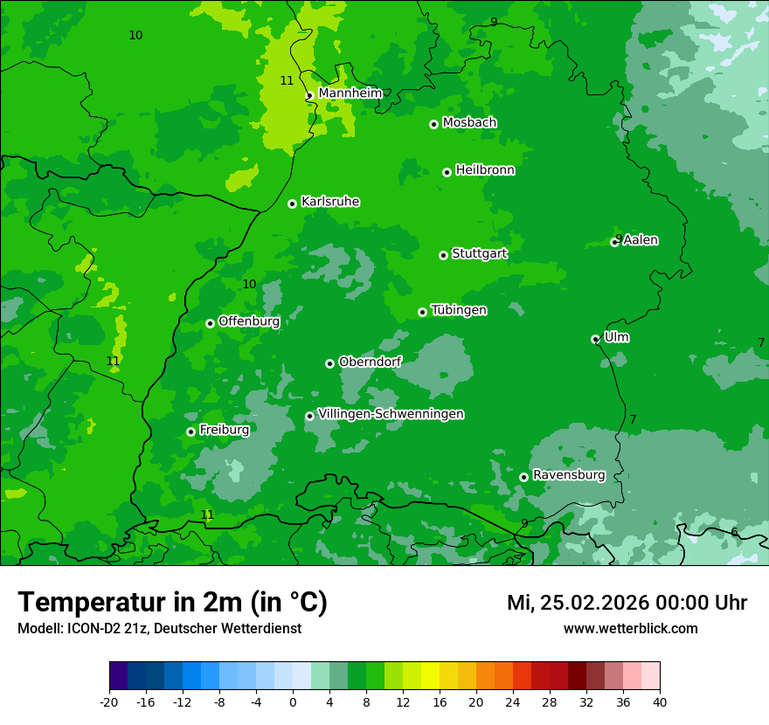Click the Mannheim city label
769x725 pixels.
tap(350, 93)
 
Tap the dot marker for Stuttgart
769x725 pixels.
tap(443, 255)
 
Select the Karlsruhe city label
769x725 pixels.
tap(329, 202)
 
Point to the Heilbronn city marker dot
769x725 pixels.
tap(447, 172)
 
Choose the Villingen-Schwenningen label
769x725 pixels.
tap(391, 414)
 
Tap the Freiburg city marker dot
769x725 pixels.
tap(191, 432)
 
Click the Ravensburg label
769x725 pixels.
tap(568, 475)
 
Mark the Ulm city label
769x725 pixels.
tap(616, 337)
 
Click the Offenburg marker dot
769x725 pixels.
tap(210, 323)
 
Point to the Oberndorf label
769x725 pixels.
tap(370, 362)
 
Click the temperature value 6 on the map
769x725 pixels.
tap(734, 533)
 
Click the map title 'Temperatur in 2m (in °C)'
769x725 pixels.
tap(172, 602)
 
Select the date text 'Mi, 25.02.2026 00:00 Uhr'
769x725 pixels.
tap(627, 603)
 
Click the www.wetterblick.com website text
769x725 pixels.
tap(630, 629)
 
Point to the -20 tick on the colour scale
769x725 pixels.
tap(109, 701)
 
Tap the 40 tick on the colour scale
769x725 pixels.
tap(659, 701)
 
